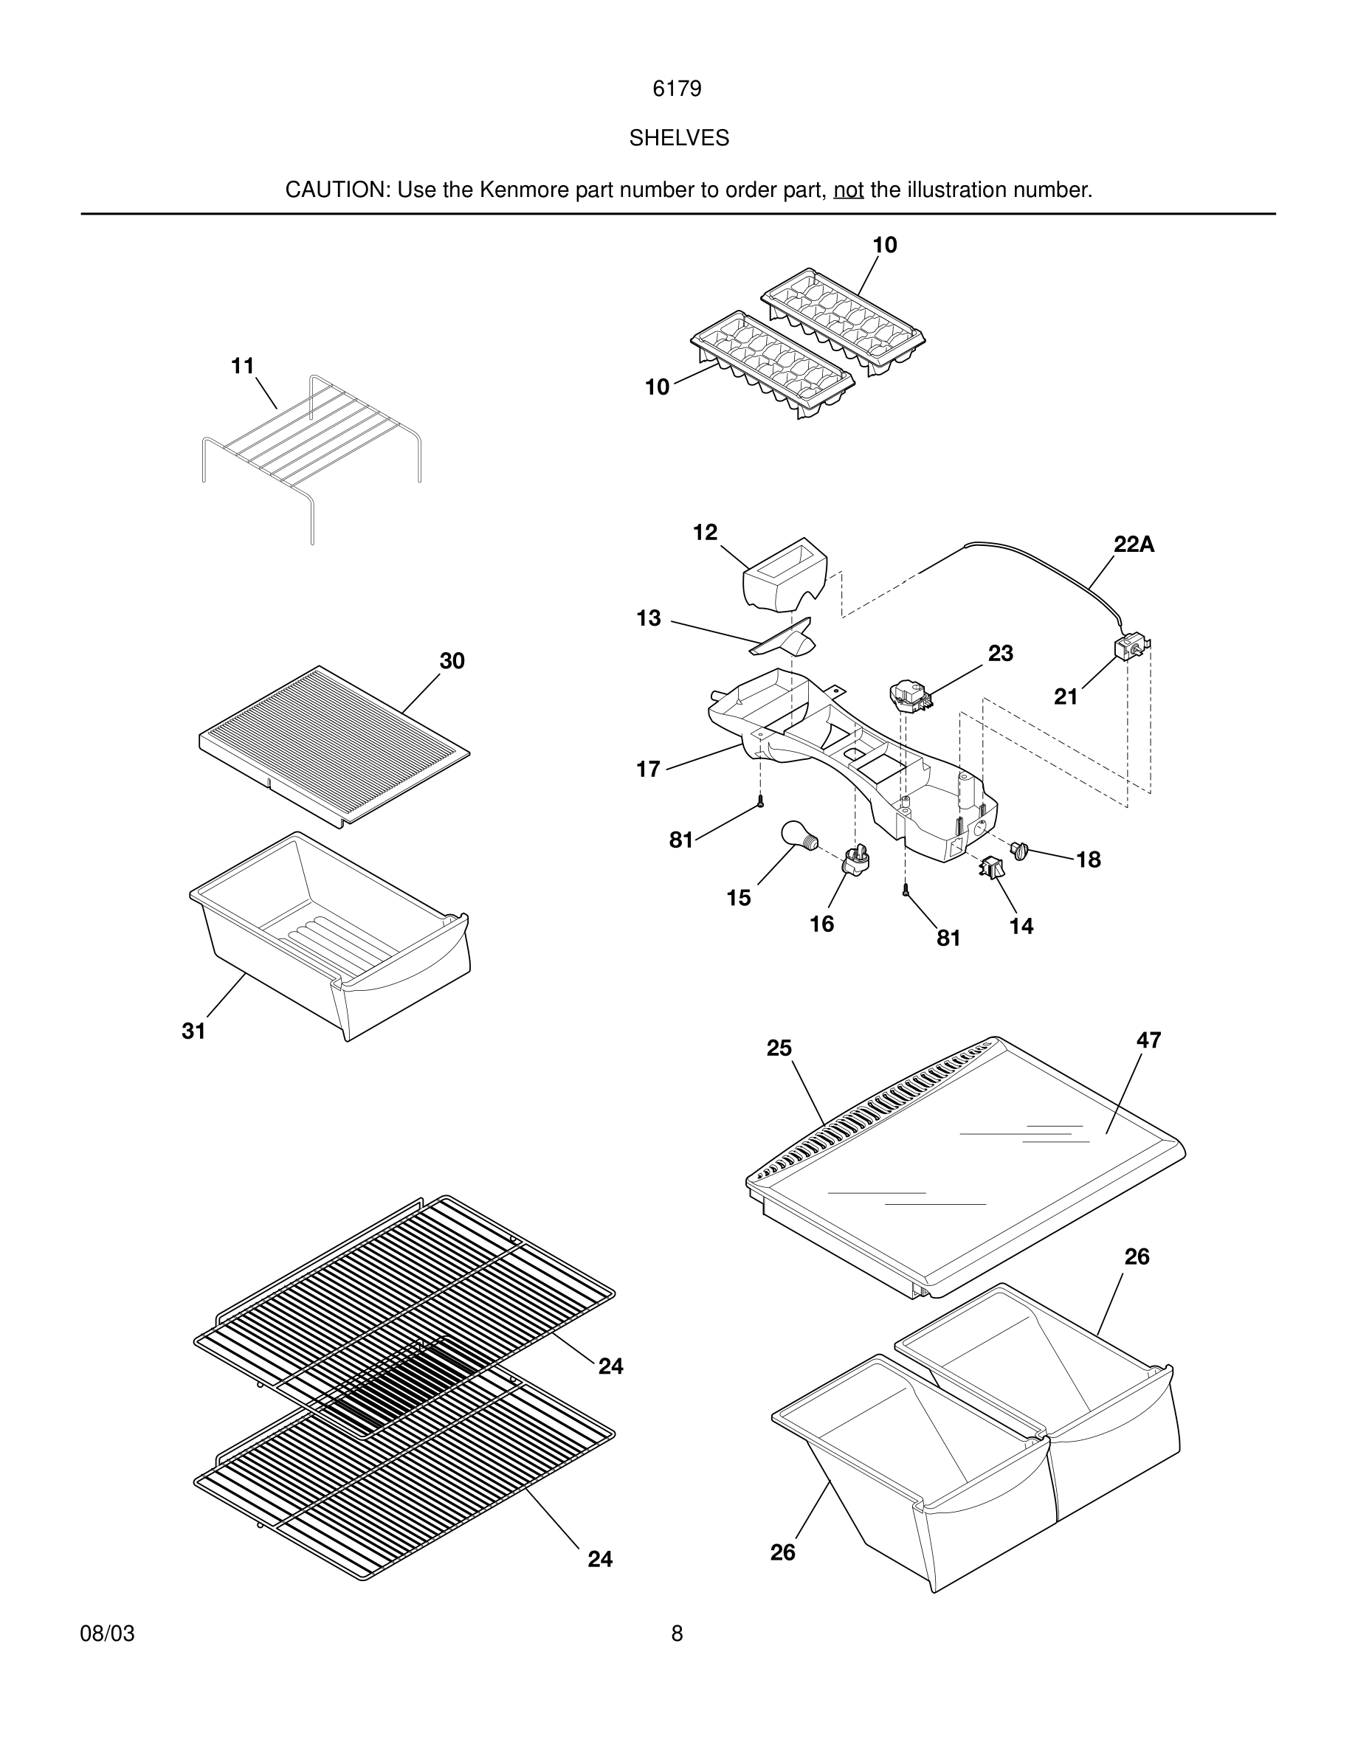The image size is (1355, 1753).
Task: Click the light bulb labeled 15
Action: point(798,836)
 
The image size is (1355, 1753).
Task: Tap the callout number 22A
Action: point(1134,545)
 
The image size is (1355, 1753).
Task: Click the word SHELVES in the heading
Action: point(678,138)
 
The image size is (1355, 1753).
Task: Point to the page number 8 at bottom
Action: point(677,1633)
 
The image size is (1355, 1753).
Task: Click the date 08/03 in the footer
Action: point(108,1633)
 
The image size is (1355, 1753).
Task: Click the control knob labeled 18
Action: point(1020,850)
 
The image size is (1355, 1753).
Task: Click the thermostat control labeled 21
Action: point(1129,649)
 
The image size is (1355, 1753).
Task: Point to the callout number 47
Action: point(1148,1040)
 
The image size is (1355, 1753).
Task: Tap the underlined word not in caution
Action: point(849,190)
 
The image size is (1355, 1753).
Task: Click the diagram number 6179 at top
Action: point(677,89)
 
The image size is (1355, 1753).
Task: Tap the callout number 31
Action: point(193,1031)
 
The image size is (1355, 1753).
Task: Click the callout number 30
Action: point(452,660)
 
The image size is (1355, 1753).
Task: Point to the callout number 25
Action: point(779,1048)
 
